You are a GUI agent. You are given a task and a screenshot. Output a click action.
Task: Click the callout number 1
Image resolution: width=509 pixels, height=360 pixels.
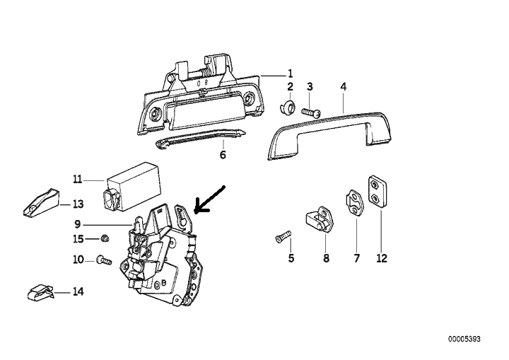(291, 74)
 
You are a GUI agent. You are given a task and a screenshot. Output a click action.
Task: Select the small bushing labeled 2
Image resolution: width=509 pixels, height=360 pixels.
(288, 107)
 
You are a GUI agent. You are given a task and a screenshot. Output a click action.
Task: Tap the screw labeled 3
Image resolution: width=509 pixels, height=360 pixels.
(311, 112)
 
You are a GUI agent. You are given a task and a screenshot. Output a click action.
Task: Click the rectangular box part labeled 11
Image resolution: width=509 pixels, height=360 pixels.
(132, 186)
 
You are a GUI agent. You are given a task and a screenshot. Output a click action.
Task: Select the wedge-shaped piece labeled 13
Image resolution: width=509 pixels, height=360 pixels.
(41, 202)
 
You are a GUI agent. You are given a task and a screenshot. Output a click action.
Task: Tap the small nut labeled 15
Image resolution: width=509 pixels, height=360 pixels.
(105, 239)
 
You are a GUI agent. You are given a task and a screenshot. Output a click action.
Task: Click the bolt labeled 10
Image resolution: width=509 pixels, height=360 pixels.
(104, 260)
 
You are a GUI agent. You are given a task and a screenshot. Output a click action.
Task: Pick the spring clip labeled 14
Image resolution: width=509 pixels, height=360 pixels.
(40, 292)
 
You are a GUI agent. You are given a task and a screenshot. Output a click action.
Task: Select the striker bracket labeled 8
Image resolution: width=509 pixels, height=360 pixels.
(320, 220)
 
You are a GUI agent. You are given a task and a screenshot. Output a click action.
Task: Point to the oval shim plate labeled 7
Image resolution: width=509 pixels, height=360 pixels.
(354, 202)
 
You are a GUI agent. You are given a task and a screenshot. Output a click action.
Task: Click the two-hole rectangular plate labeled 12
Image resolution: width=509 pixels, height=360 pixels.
(378, 192)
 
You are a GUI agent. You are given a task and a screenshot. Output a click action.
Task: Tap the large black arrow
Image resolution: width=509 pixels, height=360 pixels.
(209, 199)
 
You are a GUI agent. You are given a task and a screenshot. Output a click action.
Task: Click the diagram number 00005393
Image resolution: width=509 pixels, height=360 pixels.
(464, 339)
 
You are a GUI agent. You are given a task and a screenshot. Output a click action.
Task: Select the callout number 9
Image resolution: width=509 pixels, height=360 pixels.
(77, 224)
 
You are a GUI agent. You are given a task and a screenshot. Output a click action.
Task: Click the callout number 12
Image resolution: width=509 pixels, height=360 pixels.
(382, 258)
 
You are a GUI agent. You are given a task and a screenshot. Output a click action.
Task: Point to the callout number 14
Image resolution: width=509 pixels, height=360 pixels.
(78, 291)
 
